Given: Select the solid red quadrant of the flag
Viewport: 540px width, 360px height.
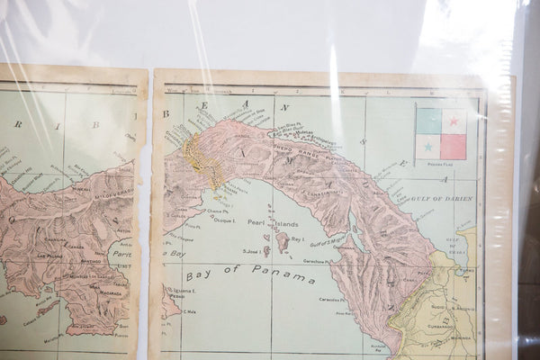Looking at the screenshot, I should tap(454, 146).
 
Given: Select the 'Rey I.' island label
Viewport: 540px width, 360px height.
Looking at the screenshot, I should tap(297, 238).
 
